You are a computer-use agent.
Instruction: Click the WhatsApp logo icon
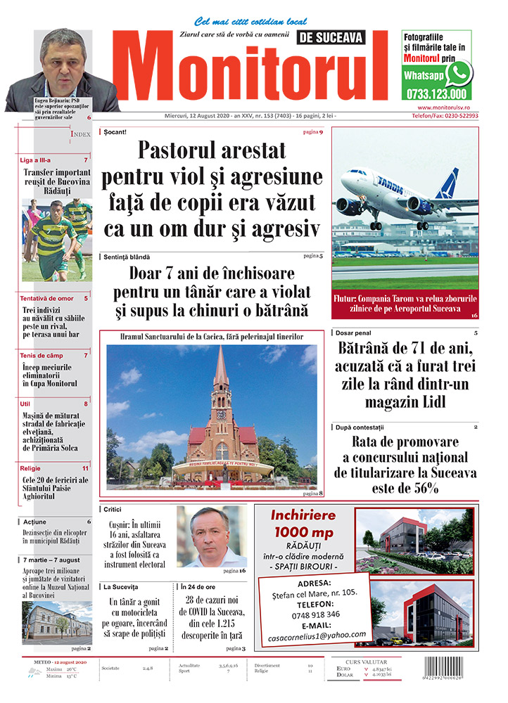click(x=460, y=72)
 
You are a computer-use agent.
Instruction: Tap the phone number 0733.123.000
click(x=436, y=93)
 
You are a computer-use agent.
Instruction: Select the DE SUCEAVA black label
click(x=342, y=37)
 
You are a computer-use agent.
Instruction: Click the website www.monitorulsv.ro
click(x=443, y=108)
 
